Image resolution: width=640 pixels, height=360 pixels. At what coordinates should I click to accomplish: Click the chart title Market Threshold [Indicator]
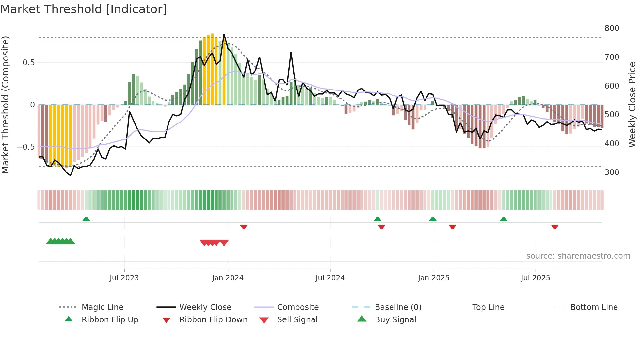pyautogui.click(x=84, y=9)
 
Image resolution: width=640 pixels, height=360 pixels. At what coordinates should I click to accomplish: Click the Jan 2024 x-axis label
pyautogui.click(x=228, y=278)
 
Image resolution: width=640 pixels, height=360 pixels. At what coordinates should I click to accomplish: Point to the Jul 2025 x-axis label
pyautogui.click(x=535, y=278)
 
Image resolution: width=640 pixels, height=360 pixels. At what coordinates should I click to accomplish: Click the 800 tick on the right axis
pyautogui.click(x=612, y=28)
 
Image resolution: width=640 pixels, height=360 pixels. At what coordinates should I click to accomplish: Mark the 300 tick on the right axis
pyautogui.click(x=612, y=172)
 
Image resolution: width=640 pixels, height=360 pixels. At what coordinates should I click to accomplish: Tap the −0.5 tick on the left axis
pyautogui.click(x=25, y=147)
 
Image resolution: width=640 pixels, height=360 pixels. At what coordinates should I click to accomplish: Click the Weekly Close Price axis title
pyautogui.click(x=632, y=105)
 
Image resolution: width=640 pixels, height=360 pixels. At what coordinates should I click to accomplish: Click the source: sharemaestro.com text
pyautogui.click(x=578, y=256)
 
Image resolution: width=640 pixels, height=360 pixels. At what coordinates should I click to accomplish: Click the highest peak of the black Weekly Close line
pyautogui.click(x=224, y=34)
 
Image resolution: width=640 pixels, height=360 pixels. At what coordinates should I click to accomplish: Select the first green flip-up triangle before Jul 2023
pyautogui.click(x=86, y=219)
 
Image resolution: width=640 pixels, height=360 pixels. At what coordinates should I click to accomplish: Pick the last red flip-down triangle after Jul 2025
pyautogui.click(x=555, y=227)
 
